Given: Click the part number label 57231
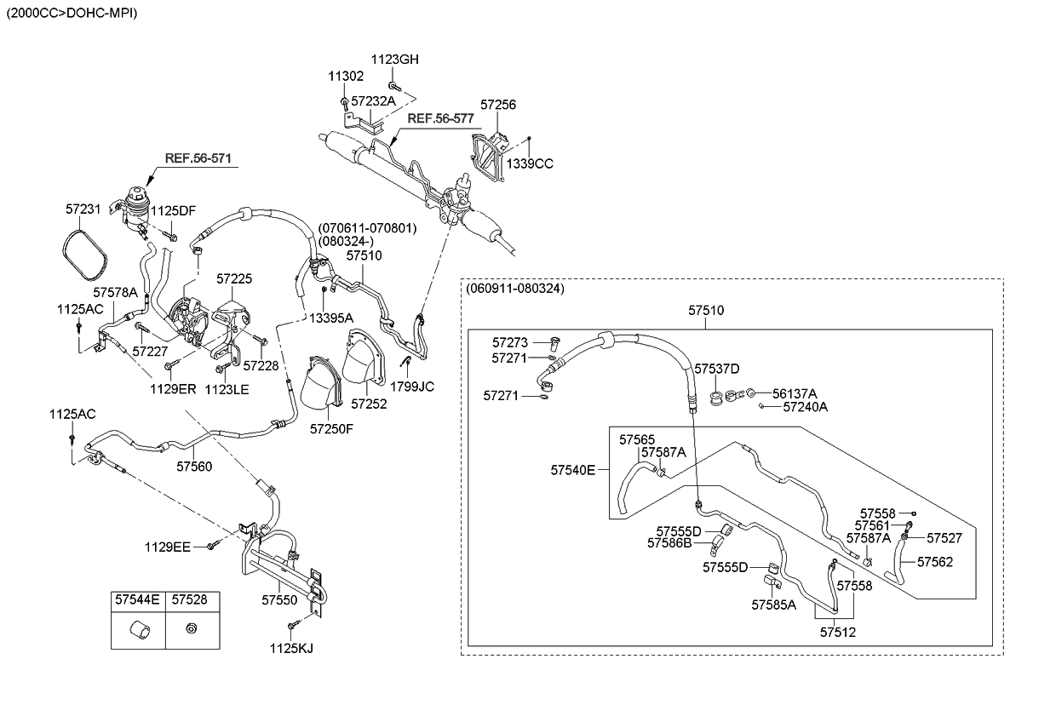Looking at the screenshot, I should (x=83, y=208).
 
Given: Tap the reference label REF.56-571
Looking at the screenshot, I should (x=198, y=158).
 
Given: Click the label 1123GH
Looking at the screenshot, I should (x=394, y=60).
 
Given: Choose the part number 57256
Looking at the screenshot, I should (x=497, y=105).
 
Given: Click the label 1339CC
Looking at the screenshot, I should (x=530, y=163).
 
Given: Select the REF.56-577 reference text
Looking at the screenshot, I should (x=440, y=119).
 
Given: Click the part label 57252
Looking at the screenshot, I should (x=369, y=404).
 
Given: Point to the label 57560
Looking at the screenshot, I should (x=195, y=466).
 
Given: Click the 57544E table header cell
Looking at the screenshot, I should (x=137, y=600).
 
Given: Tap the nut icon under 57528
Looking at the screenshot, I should (x=190, y=630).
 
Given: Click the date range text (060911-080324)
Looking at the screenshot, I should (x=514, y=289).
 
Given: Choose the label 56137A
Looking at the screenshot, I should (x=795, y=393).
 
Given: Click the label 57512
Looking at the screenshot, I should (x=838, y=632).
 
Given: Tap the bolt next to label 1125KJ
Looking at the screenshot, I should (x=292, y=627).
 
